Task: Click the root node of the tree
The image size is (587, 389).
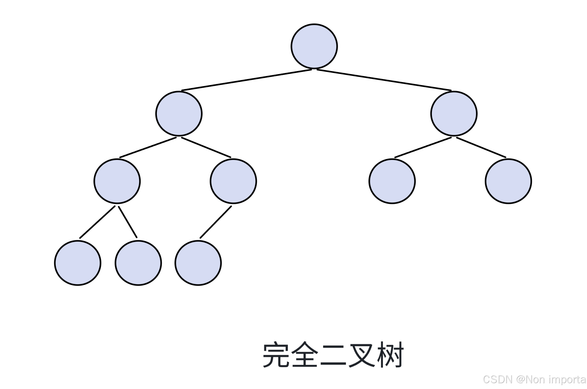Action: coord(314,46)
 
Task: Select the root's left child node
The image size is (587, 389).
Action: coord(179,114)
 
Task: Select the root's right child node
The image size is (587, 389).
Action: coord(454,114)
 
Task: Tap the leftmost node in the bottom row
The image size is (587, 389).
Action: coord(78,263)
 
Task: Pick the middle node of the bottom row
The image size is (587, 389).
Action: coord(138,263)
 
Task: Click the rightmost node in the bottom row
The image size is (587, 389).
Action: coord(198,263)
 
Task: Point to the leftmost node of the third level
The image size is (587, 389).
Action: coord(117,181)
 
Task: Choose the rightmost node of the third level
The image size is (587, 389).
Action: coord(508,181)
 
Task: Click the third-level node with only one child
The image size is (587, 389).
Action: coord(233,181)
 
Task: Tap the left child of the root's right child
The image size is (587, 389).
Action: coord(392,181)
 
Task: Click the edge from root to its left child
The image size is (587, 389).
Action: coord(247,80)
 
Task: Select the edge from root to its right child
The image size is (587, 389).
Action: coord(384,80)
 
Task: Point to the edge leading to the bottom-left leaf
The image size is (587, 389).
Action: coord(97,222)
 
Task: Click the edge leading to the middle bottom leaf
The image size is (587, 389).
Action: coord(128,222)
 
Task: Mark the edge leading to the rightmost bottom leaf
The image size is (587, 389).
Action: coord(216,222)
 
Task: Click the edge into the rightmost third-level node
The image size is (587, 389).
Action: coord(481,148)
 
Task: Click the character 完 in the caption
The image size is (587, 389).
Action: coord(276,355)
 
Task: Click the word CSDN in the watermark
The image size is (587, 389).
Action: coord(497,380)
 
